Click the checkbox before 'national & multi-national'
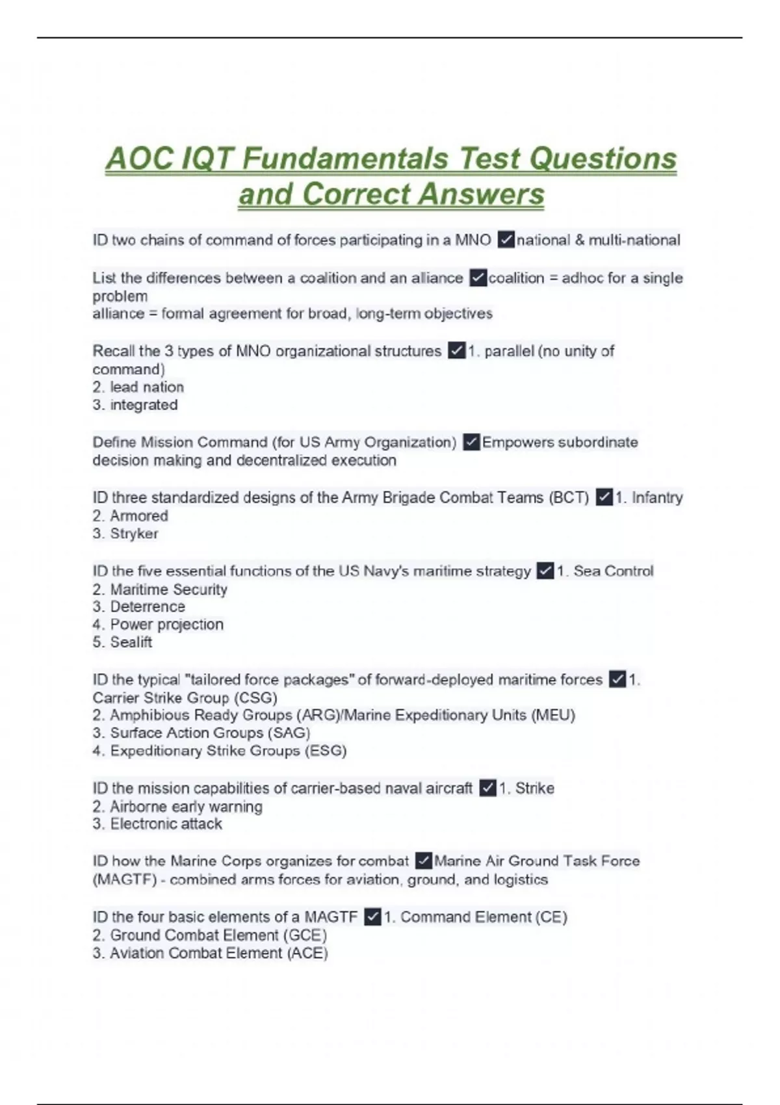(x=506, y=240)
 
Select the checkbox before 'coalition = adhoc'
(x=478, y=278)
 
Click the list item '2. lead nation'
(x=138, y=387)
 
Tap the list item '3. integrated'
(x=135, y=405)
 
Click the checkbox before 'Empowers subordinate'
(x=471, y=443)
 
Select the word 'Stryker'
(x=134, y=534)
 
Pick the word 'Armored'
(x=138, y=516)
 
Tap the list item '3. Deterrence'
(x=138, y=606)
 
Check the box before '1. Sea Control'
(x=545, y=571)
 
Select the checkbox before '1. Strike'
(x=487, y=788)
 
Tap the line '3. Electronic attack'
(x=157, y=824)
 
